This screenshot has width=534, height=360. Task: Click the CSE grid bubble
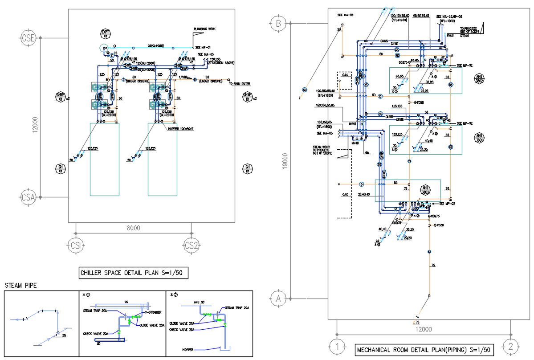[28, 38]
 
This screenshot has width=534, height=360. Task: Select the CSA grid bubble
[28, 197]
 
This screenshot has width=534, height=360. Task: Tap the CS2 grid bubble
[192, 245]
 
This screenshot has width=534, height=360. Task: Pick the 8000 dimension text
[133, 228]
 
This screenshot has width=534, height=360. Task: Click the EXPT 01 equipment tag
[106, 34]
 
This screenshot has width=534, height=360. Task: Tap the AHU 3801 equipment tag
[479, 137]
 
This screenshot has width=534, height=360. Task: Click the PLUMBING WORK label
[205, 29]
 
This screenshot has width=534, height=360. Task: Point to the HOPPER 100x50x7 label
[182, 128]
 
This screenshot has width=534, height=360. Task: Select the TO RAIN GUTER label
[240, 84]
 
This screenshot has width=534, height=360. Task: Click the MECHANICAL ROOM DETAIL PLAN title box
[424, 350]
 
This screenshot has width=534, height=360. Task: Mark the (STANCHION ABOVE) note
[221, 63]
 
